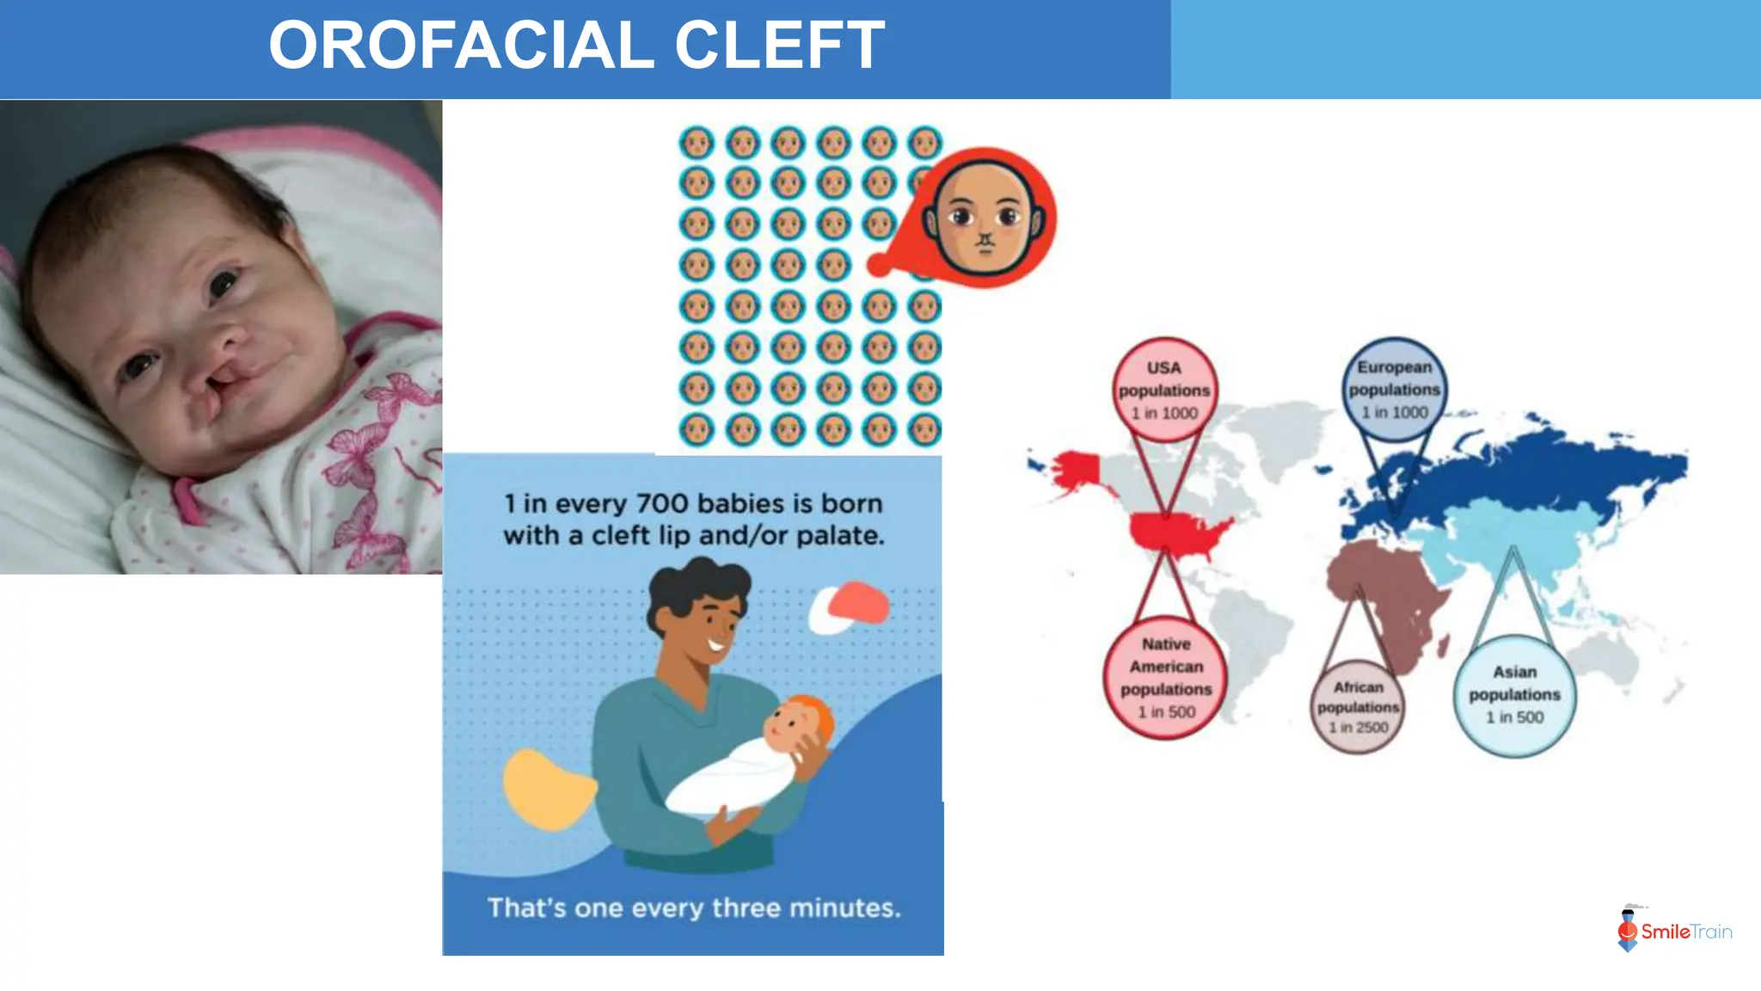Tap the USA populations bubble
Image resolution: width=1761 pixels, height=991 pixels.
point(1164,390)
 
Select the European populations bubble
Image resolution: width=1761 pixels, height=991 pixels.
point(1394,390)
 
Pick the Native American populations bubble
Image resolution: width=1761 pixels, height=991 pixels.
point(1166,678)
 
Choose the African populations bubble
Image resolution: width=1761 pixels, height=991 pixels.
point(1358,706)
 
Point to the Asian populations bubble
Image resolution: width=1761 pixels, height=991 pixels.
point(1514,694)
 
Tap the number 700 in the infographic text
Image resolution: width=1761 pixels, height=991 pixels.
point(661,503)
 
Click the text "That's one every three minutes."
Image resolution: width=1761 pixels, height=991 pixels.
point(694,908)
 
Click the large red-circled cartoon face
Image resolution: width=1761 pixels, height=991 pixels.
point(985,218)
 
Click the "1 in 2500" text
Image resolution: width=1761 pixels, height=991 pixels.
point(1359,728)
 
